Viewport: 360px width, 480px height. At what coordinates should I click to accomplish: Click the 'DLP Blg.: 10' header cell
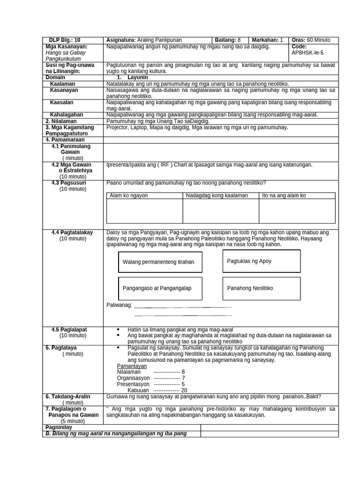coord(65,40)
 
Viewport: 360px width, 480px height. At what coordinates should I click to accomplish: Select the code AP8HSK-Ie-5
coord(307,52)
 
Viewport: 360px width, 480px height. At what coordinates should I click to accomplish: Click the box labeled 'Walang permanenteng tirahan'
coord(160,262)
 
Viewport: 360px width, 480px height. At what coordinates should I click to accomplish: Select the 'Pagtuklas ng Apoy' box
coord(261,261)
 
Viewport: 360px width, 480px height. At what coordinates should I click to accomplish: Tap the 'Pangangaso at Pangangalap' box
coord(160,288)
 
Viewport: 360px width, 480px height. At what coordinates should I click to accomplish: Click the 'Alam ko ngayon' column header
coord(128,195)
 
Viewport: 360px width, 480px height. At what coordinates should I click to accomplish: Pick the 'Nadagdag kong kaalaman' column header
coord(217,195)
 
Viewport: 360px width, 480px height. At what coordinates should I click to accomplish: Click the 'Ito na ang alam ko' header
coord(284,195)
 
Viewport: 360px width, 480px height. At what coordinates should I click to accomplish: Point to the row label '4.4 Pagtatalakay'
coord(72,232)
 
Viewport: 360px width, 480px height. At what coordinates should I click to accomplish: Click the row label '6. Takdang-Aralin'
coord(68,396)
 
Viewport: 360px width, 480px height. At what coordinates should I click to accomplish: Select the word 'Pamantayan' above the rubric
coord(132,366)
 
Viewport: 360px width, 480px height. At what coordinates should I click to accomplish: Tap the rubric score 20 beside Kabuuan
coord(184,390)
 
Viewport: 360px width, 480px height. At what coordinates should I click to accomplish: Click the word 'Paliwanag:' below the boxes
coord(120,305)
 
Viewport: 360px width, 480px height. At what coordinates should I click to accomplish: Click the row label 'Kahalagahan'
coord(67,114)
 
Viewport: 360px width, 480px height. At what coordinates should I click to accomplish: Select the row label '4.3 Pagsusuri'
coord(69,183)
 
